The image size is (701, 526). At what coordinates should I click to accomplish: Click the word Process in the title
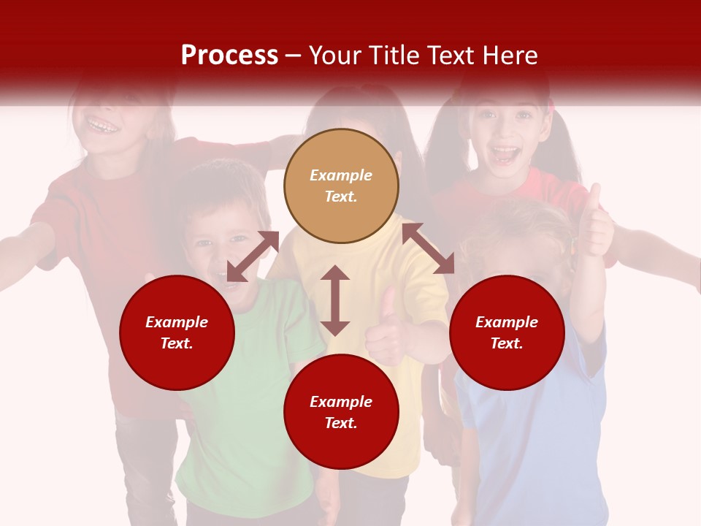click(x=229, y=56)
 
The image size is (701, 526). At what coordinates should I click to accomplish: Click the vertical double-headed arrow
click(x=335, y=300)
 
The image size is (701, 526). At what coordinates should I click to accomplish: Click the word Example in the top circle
click(x=341, y=175)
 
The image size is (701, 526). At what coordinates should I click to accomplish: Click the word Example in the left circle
click(x=177, y=322)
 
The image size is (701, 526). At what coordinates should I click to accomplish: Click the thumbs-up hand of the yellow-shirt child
click(x=386, y=329)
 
